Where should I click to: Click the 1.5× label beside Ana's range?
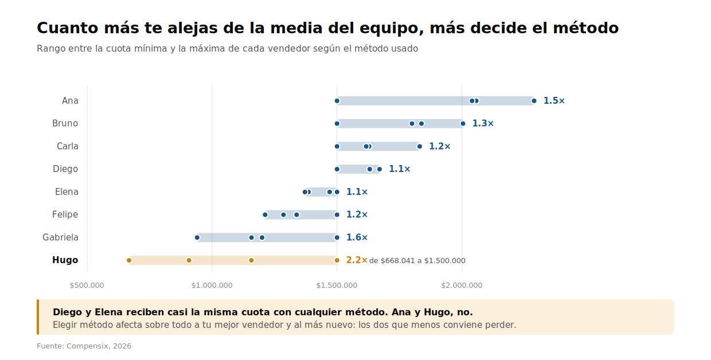pos(554,101)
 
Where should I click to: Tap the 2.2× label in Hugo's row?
pos(357,260)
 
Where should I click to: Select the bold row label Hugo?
pos(65,260)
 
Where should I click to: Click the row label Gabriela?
pos(60,237)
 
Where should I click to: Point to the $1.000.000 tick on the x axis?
pos(212,285)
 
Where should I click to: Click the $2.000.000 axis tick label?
pos(462,285)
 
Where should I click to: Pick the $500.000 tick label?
pos(87,285)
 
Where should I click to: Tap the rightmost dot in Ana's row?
pos(534,101)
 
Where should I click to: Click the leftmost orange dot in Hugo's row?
pos(129,260)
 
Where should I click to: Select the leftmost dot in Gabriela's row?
pos(197,237)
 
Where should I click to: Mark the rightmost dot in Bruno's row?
pos(463,123)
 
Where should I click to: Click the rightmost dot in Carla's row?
pos(420,146)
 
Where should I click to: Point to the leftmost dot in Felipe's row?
pos(265,215)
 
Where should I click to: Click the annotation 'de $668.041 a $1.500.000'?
pos(417,261)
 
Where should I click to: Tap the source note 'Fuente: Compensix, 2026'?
pos(84,346)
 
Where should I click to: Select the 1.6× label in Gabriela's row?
pos(357,237)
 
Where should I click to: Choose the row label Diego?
pos(65,169)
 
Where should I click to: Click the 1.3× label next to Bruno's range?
pos(483,123)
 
